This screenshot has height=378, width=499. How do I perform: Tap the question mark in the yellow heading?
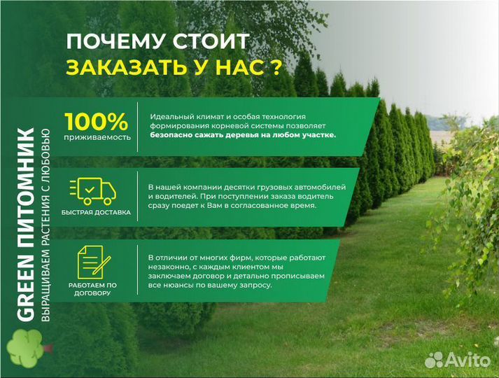coord(276,67)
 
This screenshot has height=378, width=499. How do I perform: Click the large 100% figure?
coord(97,120)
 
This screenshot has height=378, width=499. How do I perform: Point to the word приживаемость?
coord(97,137)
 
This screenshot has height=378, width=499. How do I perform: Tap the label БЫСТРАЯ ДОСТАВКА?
coord(96,211)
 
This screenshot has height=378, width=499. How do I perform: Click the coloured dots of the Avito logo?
coord(435,360)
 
